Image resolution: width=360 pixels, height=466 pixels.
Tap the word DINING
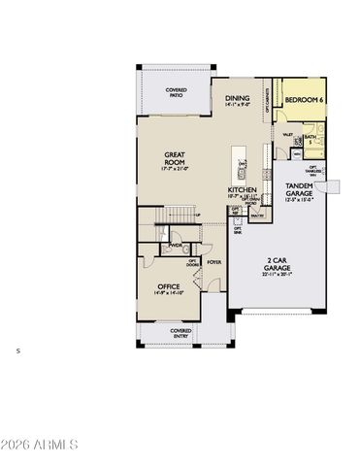tap(238, 98)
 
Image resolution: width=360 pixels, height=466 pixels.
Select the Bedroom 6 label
tap(304, 100)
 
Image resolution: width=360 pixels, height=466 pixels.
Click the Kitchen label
tap(242, 189)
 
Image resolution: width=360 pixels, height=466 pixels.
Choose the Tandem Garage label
tap(297, 189)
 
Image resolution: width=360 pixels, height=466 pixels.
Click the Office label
tap(169, 287)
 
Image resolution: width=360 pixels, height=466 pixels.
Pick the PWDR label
tap(176, 246)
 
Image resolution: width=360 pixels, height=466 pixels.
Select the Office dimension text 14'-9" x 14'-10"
tap(169, 295)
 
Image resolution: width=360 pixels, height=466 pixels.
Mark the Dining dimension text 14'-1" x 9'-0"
tap(238, 106)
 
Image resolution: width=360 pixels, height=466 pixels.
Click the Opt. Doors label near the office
tap(192, 262)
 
